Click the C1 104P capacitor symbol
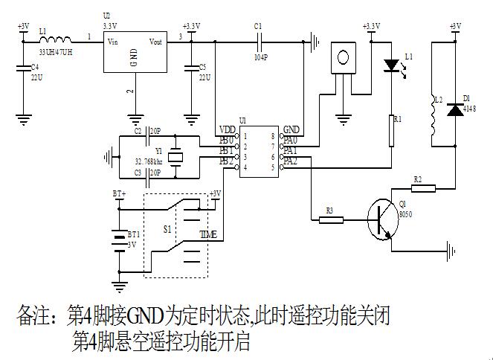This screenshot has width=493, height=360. [x=258, y=39]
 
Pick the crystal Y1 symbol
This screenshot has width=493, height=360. [x=175, y=157]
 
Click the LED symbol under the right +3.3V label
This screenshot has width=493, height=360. [x=391, y=65]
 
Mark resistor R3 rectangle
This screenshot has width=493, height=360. [x=331, y=219]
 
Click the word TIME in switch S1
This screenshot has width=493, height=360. [x=208, y=234]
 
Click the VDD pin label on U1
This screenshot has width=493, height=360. [x=227, y=129]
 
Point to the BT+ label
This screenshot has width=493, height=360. [x=119, y=193]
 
